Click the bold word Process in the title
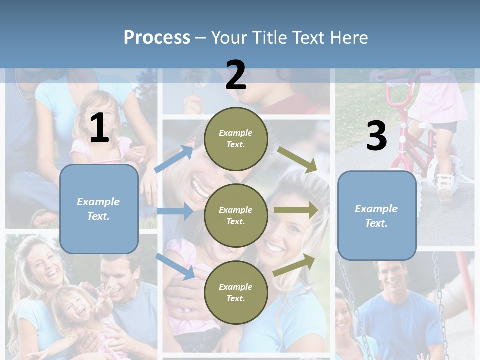pos(157,37)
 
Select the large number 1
pos(99,128)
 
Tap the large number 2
pos(236,75)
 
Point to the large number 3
pos(376,136)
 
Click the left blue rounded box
pos(99,209)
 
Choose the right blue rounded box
pos(377,215)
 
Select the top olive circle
pos(236,138)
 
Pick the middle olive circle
pos(236,215)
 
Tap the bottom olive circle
pos(236,292)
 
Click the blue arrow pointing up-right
pos(174,159)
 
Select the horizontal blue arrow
pos(175,211)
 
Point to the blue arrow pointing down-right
pos(175,266)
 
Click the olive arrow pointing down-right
pos(297,160)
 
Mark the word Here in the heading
pos(350,37)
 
